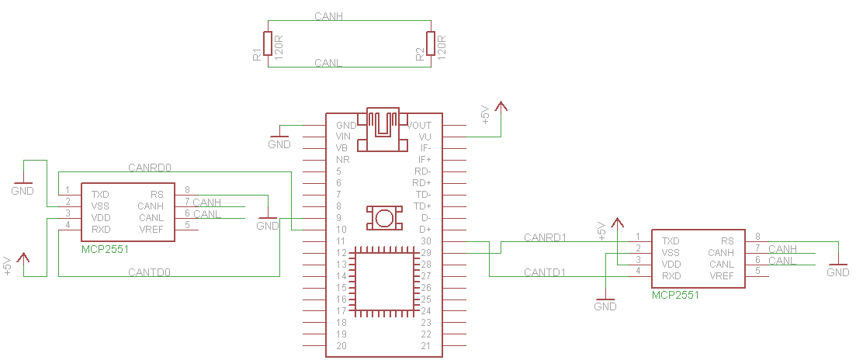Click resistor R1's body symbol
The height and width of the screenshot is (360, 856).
coord(268,43)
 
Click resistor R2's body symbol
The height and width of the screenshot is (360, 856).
coord(431,43)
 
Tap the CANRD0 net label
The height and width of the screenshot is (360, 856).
coord(149,168)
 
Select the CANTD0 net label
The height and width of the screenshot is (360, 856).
coord(149,272)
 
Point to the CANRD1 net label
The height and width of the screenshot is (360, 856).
coord(545,238)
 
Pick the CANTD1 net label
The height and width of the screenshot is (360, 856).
coord(545,272)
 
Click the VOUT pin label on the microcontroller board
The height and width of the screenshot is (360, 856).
coord(419,125)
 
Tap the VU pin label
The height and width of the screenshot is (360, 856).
coord(425,137)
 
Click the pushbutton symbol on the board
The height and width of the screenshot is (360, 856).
coord(384,218)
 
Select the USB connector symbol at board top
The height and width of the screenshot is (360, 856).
coord(383,130)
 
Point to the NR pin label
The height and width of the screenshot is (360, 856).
coord(343,160)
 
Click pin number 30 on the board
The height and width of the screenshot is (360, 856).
coord(426,241)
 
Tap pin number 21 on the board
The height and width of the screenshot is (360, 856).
coord(426,346)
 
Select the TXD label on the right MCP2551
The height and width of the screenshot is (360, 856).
coord(671,241)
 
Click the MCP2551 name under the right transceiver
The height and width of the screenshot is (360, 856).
coord(675,295)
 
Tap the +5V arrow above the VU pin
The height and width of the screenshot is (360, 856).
coord(501,107)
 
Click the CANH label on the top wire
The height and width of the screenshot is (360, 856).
coord(328,17)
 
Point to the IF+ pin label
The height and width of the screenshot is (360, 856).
coord(425,160)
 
